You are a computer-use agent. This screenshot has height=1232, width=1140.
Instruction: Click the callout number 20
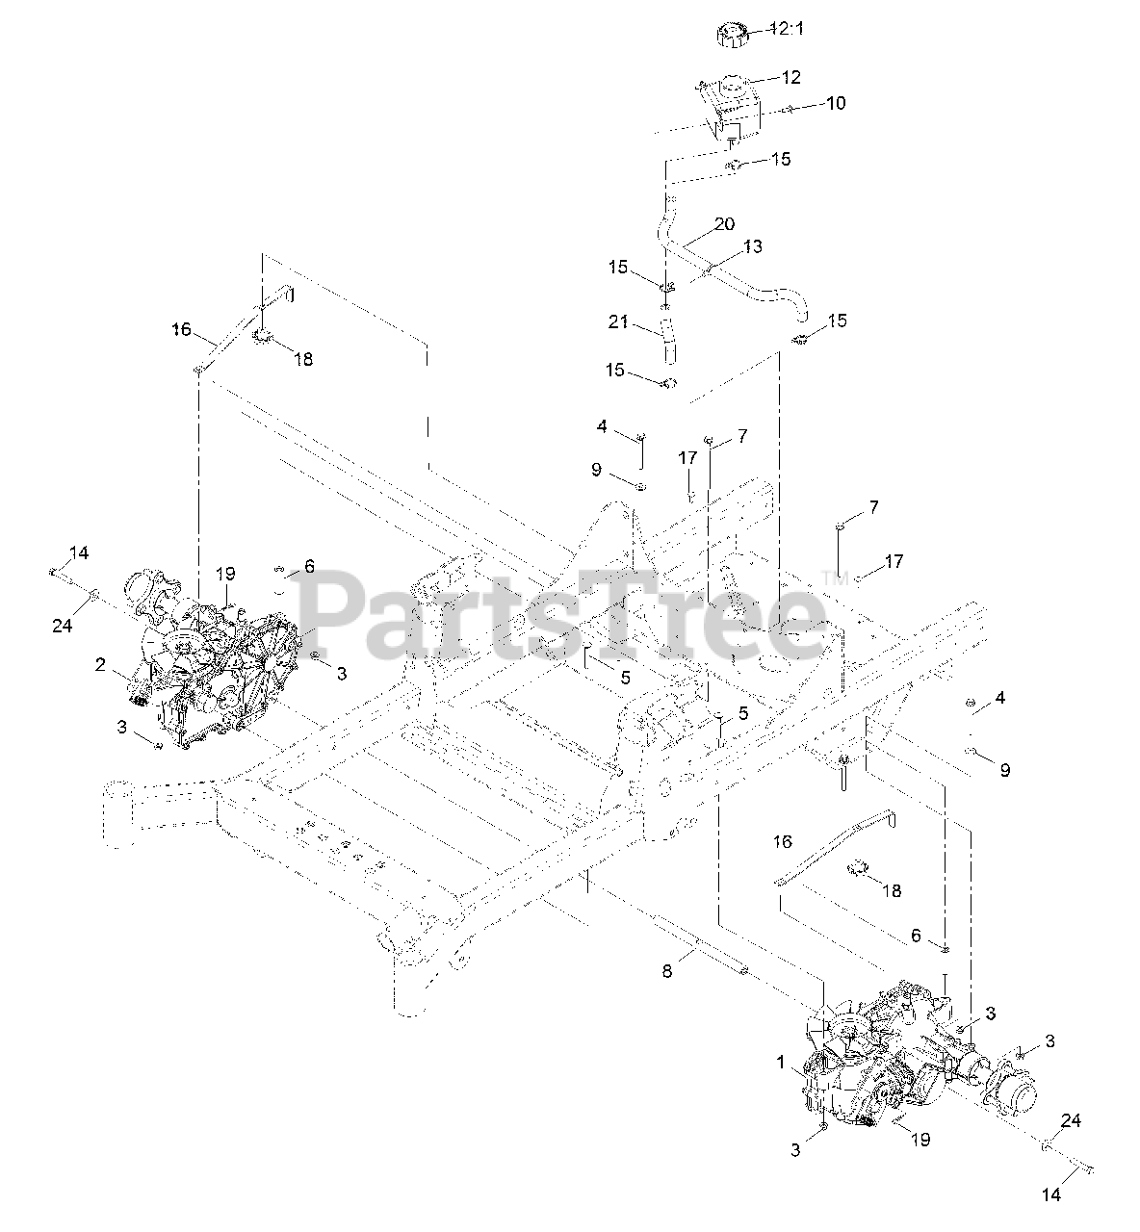(x=724, y=224)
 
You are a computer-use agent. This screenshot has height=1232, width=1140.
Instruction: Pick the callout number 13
(x=752, y=246)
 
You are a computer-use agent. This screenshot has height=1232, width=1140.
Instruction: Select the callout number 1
(x=782, y=1062)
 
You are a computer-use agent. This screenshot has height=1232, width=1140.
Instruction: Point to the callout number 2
(x=100, y=663)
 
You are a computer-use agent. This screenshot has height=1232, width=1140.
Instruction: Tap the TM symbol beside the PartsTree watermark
(x=829, y=577)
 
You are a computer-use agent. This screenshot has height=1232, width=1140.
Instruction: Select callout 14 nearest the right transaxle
(x=1051, y=1194)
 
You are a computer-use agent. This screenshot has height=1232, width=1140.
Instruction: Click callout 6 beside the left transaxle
(x=309, y=567)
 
